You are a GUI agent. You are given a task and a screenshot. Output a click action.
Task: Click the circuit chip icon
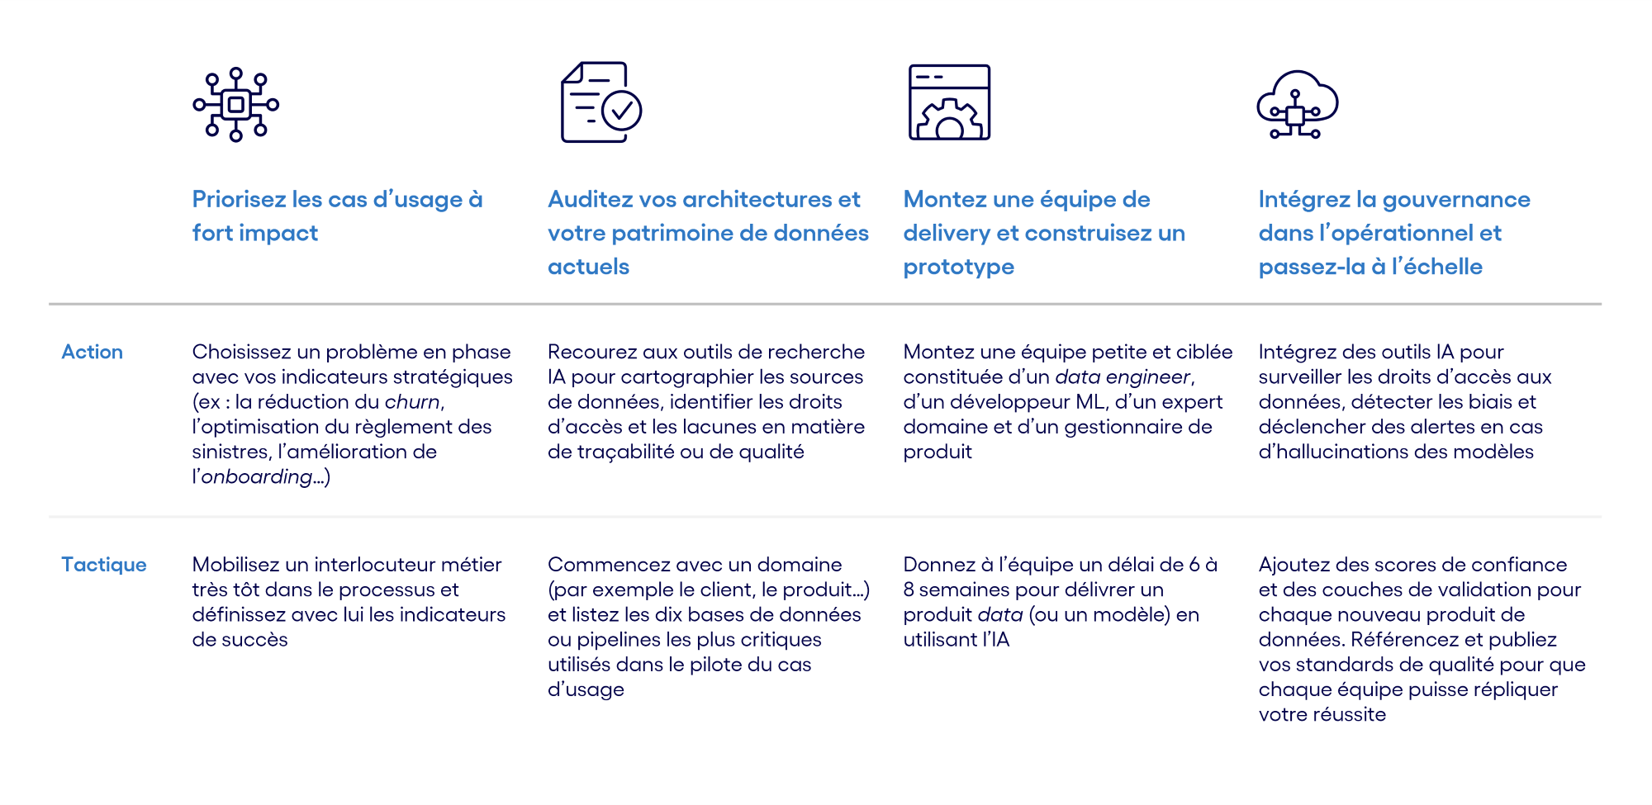[235, 105]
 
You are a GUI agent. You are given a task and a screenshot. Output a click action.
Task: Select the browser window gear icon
[949, 102]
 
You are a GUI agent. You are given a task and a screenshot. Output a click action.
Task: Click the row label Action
[92, 352]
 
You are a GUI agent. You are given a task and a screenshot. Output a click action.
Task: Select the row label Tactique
[103, 565]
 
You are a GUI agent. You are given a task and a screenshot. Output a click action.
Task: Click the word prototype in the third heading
[958, 268]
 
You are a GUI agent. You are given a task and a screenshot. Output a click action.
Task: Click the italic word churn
[412, 402]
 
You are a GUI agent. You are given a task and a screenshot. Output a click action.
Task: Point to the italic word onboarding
[257, 477]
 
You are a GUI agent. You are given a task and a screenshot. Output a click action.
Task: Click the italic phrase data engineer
[1123, 377]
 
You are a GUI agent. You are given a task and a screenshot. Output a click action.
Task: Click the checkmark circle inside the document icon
[621, 111]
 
